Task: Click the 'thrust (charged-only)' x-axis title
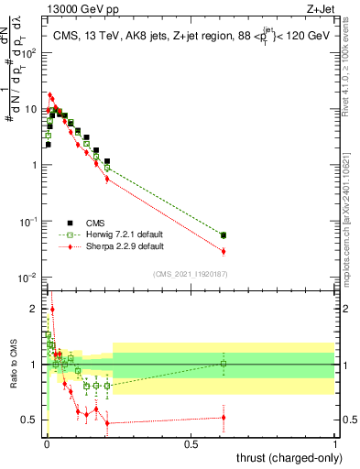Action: point(284,455)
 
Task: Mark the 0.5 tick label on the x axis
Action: point(191,443)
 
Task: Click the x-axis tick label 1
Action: point(335,443)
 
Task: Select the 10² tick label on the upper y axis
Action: point(32,52)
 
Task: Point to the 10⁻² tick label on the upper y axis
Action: point(32,278)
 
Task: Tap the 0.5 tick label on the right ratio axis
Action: point(347,420)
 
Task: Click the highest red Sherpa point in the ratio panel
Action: point(51,310)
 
